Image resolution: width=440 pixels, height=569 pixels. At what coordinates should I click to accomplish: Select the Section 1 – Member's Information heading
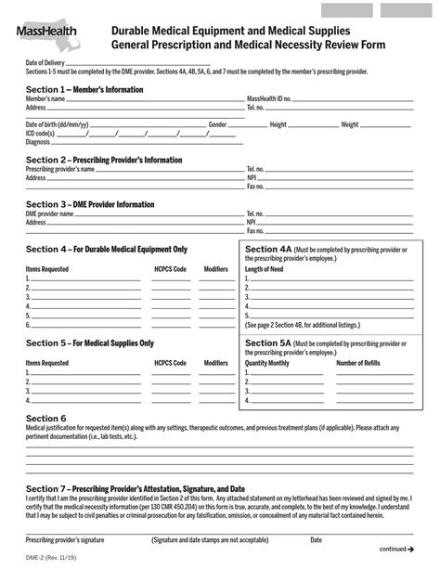pos(84,89)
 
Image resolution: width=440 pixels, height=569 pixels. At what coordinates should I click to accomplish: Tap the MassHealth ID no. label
pos(269,97)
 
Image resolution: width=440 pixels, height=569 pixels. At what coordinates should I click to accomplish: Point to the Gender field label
pos(218,123)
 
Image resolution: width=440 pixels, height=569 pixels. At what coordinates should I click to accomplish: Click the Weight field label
pos(350,123)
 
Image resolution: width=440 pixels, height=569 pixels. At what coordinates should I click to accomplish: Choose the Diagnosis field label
pos(37,142)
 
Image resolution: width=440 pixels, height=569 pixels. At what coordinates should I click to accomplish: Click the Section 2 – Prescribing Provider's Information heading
pos(104,160)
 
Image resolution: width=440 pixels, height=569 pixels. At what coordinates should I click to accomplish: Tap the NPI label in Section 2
pos(252,177)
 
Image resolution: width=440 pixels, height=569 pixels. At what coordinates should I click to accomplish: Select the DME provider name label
pos(50,213)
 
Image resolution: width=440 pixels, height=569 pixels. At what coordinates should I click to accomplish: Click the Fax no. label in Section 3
pos(255,230)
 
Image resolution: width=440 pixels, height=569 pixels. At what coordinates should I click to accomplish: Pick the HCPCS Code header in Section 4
pos(170,268)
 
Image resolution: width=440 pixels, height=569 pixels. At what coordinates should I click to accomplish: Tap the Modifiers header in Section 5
pos(215,363)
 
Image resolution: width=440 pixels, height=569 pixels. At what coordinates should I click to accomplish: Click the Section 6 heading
pos(45,418)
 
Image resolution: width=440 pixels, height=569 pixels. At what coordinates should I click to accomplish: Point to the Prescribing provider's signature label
pos(65,539)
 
